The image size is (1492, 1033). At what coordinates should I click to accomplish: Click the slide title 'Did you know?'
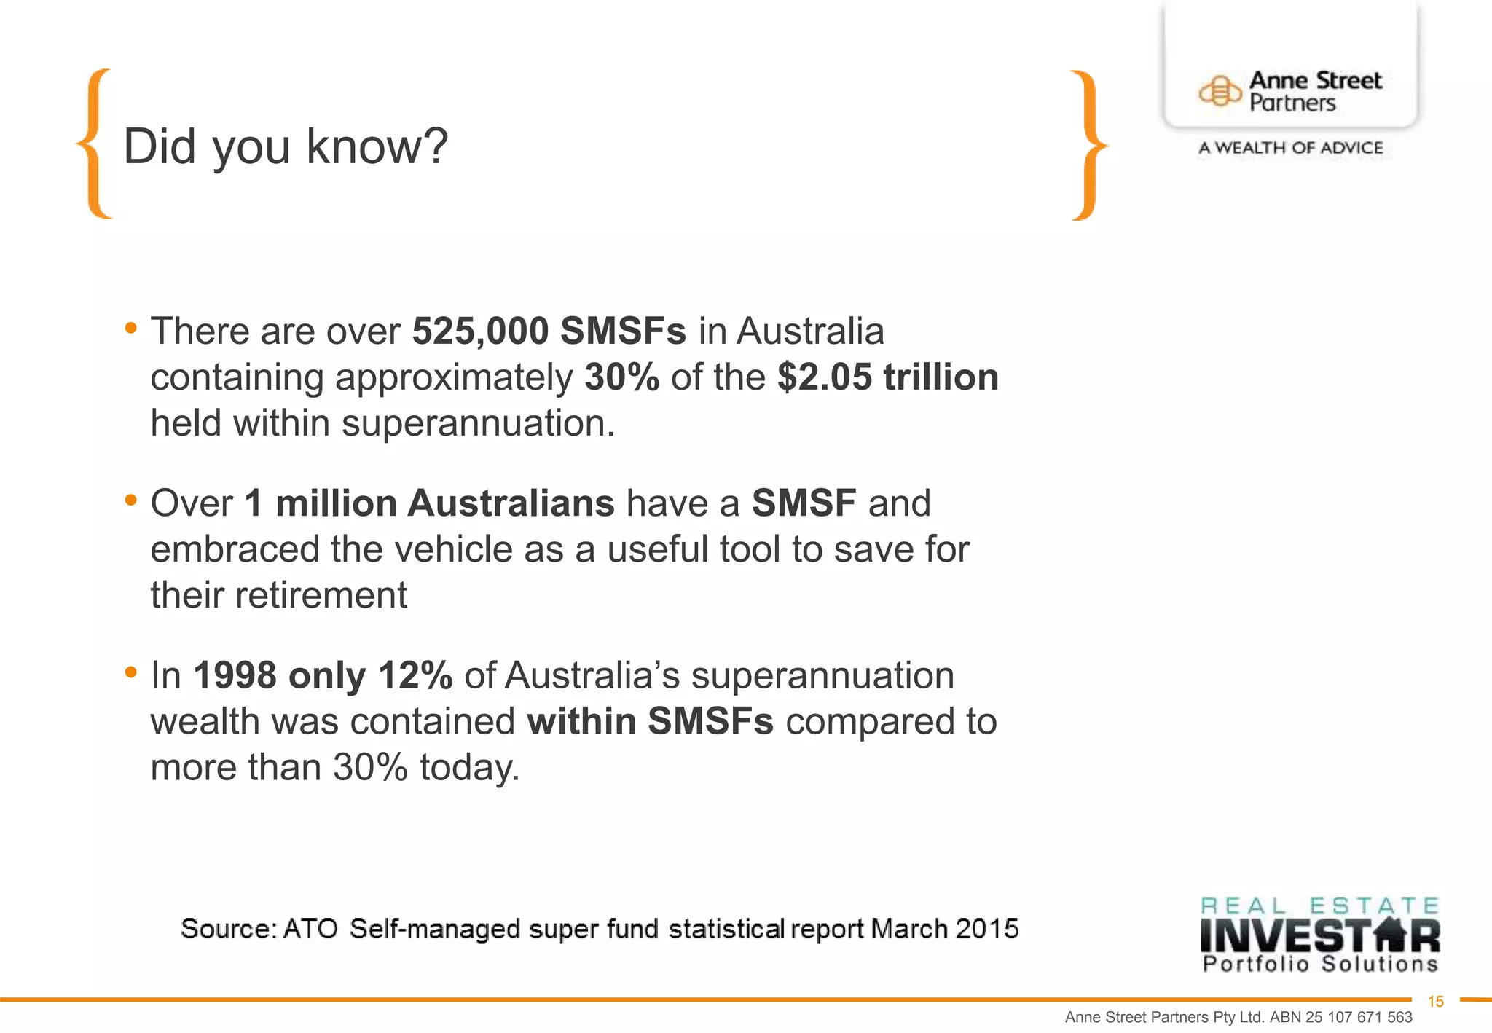click(x=286, y=146)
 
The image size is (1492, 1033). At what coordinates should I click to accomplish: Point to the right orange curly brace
click(x=1088, y=146)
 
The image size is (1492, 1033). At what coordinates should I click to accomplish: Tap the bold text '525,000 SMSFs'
click(x=549, y=331)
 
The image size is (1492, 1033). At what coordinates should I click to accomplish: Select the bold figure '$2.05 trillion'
click(x=887, y=377)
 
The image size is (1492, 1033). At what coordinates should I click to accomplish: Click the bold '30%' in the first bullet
click(x=621, y=377)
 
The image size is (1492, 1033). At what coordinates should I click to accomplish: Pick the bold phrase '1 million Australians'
click(x=430, y=503)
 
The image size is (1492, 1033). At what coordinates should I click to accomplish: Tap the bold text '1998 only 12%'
click(x=323, y=675)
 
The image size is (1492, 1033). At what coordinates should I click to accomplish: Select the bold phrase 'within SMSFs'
click(x=650, y=721)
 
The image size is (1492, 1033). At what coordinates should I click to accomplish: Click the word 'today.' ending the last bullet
click(x=470, y=767)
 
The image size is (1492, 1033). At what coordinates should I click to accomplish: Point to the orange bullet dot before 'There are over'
click(x=131, y=328)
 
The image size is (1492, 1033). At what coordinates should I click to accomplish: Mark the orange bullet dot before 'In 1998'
click(x=131, y=672)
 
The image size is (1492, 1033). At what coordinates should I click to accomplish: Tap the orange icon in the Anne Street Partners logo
click(x=1220, y=92)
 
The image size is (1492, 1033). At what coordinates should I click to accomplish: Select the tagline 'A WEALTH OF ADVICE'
click(x=1290, y=148)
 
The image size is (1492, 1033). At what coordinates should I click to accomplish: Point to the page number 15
click(x=1435, y=1002)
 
